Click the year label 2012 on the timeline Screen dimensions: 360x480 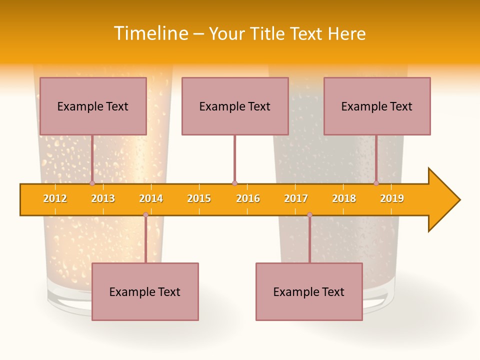click(x=55, y=198)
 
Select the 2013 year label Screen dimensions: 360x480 click(x=103, y=198)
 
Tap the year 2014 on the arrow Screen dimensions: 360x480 click(x=151, y=198)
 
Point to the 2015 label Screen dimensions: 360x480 click(x=199, y=198)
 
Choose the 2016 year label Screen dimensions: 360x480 click(x=248, y=198)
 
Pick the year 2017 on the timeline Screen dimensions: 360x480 click(x=296, y=198)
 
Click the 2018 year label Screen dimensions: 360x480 click(x=344, y=198)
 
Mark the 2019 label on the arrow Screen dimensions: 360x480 click(x=392, y=198)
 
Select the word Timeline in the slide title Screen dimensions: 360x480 click(x=150, y=33)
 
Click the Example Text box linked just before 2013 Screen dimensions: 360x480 click(x=93, y=106)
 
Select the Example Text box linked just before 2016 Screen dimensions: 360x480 click(x=235, y=106)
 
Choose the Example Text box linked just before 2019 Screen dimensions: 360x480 click(x=377, y=106)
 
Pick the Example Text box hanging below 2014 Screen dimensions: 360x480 click(x=145, y=291)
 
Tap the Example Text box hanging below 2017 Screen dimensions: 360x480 click(x=309, y=291)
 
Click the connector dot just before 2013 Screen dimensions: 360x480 click(x=92, y=183)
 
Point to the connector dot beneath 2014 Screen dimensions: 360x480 click(x=145, y=215)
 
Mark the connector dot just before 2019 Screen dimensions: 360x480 click(x=376, y=183)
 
